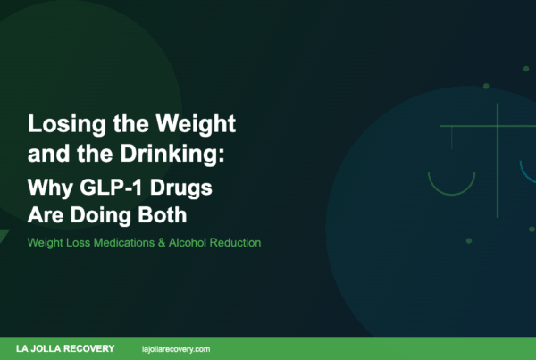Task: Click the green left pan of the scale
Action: pyautogui.click(x=451, y=184)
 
